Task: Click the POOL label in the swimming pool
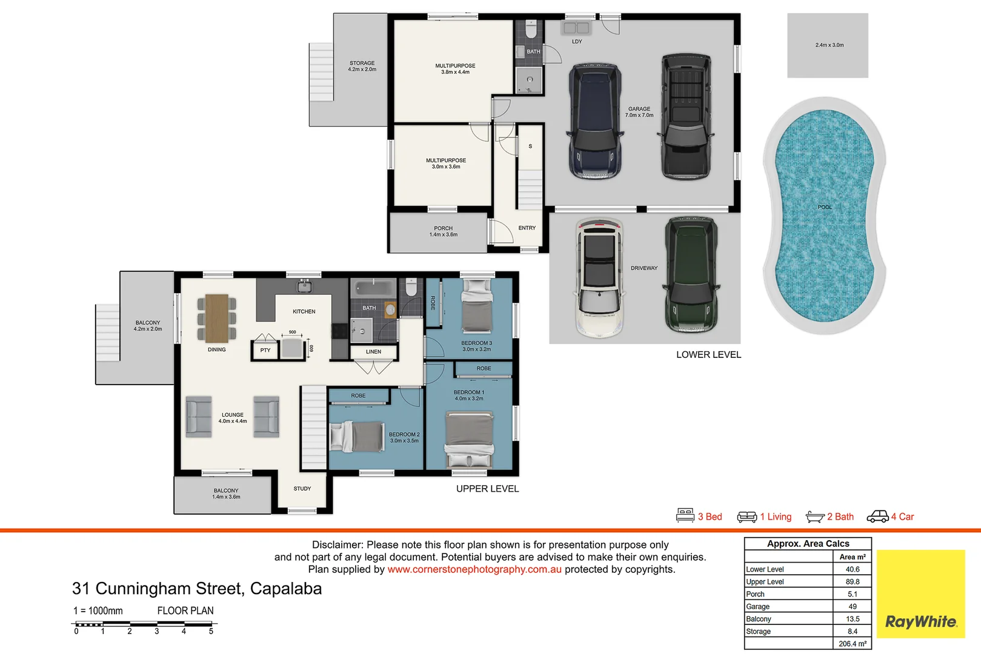tap(825, 207)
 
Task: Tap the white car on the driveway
tap(599, 277)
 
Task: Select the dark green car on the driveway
tap(691, 276)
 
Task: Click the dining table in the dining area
tap(217, 319)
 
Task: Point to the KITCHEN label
tap(304, 312)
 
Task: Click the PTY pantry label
tap(265, 350)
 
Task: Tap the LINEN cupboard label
tap(374, 351)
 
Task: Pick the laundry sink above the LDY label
tap(576, 28)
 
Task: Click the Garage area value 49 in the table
tap(853, 606)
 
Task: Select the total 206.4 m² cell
tap(853, 644)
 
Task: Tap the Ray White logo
tap(921, 594)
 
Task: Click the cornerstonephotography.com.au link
tap(474, 569)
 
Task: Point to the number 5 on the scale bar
tap(211, 631)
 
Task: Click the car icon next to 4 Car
tap(877, 517)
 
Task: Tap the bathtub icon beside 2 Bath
tap(815, 517)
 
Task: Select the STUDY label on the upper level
tap(302, 489)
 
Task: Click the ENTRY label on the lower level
tap(527, 228)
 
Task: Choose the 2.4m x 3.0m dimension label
tap(830, 45)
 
